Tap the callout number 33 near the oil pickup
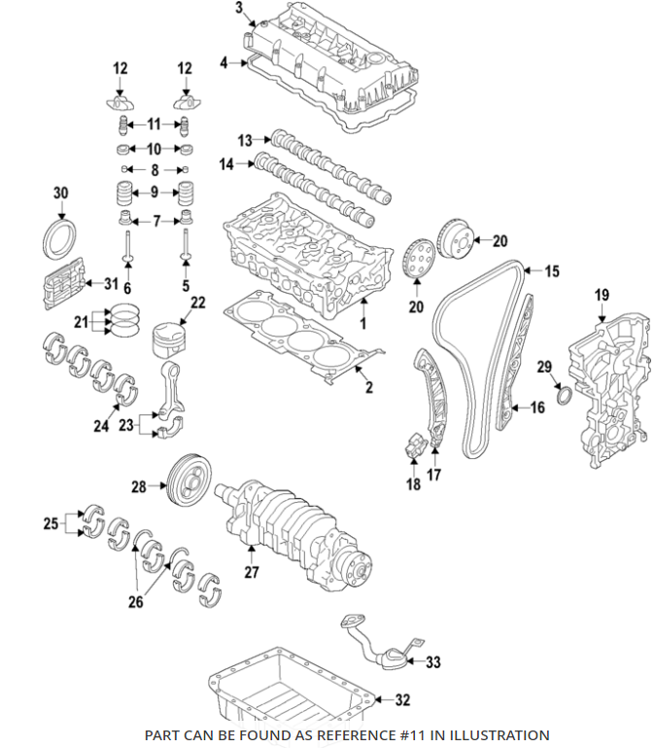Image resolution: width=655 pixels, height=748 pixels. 433,662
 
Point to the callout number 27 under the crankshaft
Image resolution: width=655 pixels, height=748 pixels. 252,573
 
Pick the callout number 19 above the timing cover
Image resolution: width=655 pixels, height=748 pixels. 602,295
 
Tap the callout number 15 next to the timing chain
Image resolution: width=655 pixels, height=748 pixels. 552,272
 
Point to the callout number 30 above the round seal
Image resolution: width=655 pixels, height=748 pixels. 61,194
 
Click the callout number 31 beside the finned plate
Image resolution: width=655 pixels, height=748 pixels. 111,284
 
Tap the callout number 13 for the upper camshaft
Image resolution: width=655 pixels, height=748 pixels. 245,140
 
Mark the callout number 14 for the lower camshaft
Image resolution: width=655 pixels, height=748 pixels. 226,165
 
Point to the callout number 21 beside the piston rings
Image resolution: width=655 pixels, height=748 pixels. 82,322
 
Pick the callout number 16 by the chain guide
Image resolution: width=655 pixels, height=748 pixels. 538,408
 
